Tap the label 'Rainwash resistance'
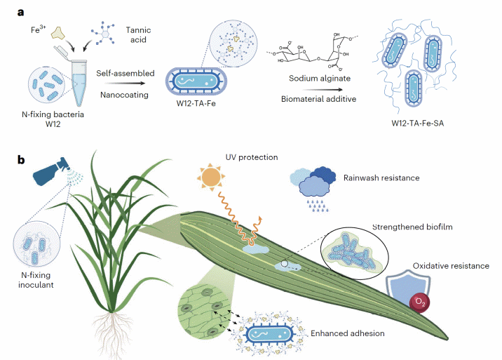coord(382,178)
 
